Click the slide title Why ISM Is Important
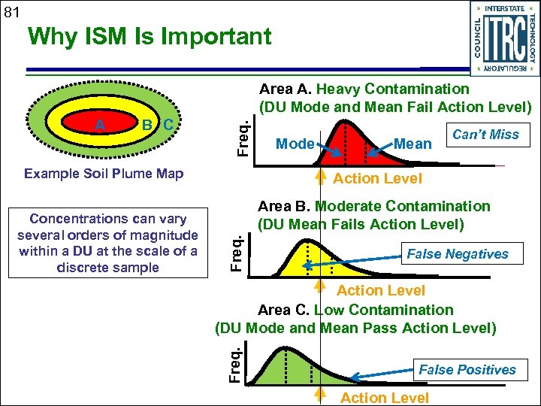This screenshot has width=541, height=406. (148, 36)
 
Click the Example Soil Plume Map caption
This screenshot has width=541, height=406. (104, 174)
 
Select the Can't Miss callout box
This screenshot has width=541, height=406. (485, 135)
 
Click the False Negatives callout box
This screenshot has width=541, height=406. (458, 254)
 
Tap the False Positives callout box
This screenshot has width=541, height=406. (467, 369)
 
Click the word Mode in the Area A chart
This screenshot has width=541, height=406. (295, 144)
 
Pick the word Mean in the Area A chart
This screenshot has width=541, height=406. (413, 144)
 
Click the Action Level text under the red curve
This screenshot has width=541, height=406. (377, 178)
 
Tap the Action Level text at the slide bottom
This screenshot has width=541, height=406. (385, 398)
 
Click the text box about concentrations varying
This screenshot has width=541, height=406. (107, 244)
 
